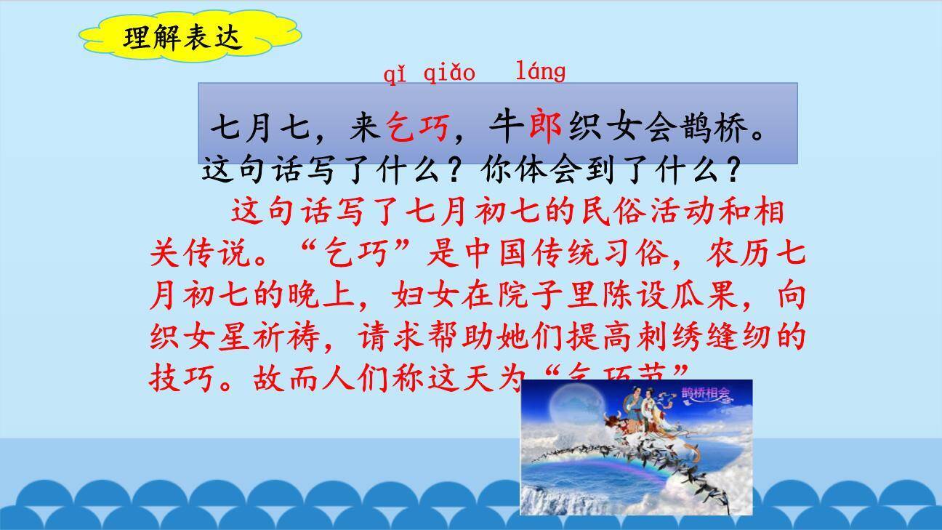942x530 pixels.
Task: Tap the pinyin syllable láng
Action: point(540,71)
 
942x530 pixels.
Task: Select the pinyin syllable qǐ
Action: point(395,73)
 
